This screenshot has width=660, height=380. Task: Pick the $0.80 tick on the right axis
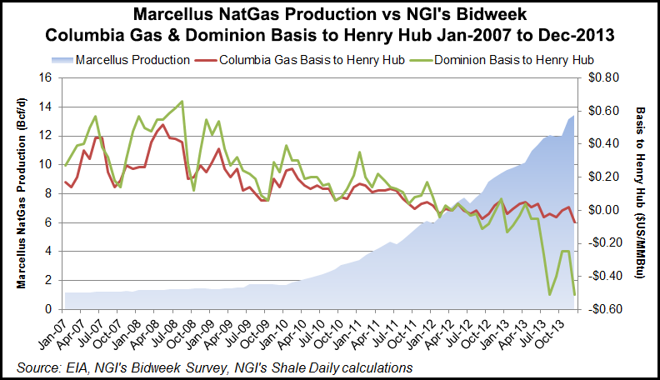click(x=600, y=77)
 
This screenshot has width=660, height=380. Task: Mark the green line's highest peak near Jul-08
click(x=182, y=102)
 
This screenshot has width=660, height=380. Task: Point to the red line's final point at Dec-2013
click(x=574, y=222)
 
